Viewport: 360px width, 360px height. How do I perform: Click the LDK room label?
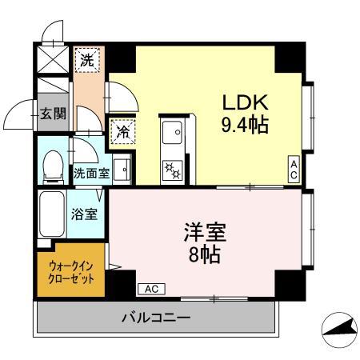[x=246, y=103]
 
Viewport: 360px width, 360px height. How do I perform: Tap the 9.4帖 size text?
[x=245, y=125]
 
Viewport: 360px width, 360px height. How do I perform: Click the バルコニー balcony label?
[x=156, y=318]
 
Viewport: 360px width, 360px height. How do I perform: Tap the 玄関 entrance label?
[x=53, y=113]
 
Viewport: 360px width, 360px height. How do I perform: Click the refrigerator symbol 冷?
[x=122, y=130]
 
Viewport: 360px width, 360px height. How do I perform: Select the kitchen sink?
[x=172, y=129]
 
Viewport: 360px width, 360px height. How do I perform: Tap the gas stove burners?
[x=172, y=168]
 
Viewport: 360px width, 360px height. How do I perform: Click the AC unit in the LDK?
[x=294, y=169]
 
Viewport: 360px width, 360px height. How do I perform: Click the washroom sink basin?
[x=122, y=170]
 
